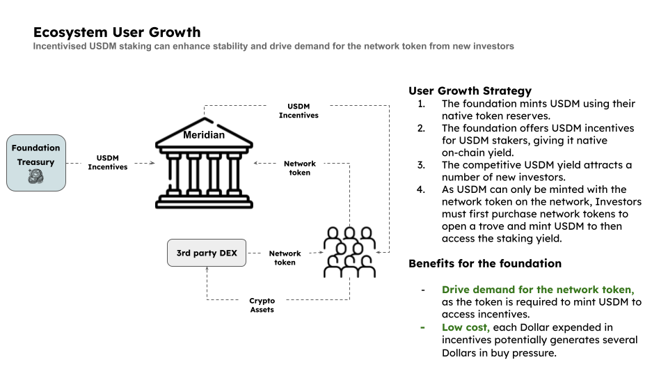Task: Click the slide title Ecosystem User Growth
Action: coord(117,32)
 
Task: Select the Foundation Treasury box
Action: coord(36,163)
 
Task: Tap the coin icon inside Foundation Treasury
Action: coord(36,178)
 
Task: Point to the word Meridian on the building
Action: coord(203,135)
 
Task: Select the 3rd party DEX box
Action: coord(207,253)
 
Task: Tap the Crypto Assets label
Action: coord(262,305)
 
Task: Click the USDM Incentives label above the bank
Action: coord(299,111)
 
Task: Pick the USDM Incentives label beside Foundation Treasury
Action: coord(108,162)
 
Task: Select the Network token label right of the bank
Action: coord(300,168)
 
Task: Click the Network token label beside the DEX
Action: coord(285,258)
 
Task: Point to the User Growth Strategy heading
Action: coord(470,91)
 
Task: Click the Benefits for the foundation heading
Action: coord(484,263)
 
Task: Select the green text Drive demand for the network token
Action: coord(537,289)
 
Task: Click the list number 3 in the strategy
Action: coord(421,165)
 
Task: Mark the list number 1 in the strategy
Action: coord(421,104)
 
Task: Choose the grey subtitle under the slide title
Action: coord(273,46)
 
